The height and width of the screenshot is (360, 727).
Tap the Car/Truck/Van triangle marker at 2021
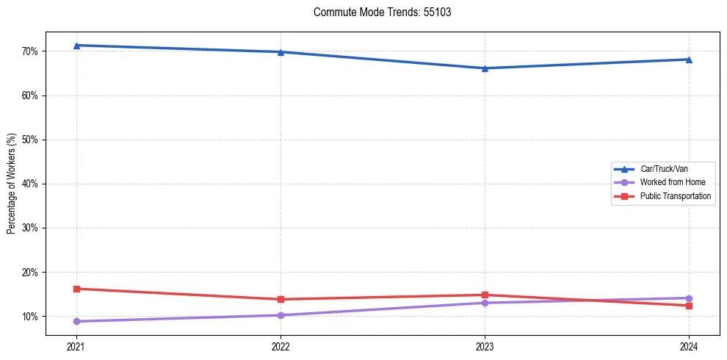pos(76,46)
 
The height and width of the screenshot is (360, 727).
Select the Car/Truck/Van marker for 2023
pos(485,68)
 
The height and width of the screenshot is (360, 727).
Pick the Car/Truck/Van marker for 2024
pos(689,60)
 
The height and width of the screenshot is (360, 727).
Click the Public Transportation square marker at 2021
pos(76,289)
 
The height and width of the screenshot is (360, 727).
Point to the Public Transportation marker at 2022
pos(281,299)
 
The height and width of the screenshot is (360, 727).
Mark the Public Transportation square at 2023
pos(485,295)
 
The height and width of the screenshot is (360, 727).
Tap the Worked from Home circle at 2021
pos(76,321)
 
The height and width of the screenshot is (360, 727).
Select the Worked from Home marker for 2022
pos(281,315)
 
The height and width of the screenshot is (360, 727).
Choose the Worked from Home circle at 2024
pos(689,298)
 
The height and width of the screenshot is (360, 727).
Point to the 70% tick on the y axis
pos(32,51)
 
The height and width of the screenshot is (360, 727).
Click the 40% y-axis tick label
pos(32,184)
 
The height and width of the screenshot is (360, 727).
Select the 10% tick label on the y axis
pos(32,317)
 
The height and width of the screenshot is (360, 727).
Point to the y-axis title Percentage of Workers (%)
pos(12,184)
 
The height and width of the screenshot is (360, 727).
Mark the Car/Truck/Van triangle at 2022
pos(281,52)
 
